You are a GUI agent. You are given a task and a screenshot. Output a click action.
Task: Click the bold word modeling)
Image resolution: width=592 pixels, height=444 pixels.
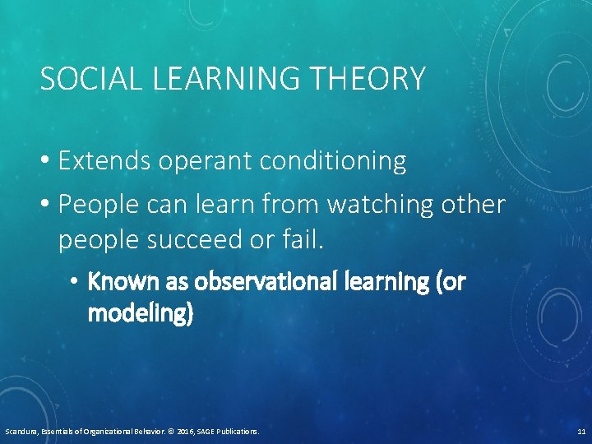click(141, 314)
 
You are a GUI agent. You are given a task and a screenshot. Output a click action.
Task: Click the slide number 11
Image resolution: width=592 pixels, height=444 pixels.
click(580, 431)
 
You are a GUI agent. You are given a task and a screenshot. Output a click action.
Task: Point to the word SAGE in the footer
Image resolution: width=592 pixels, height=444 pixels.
click(203, 431)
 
